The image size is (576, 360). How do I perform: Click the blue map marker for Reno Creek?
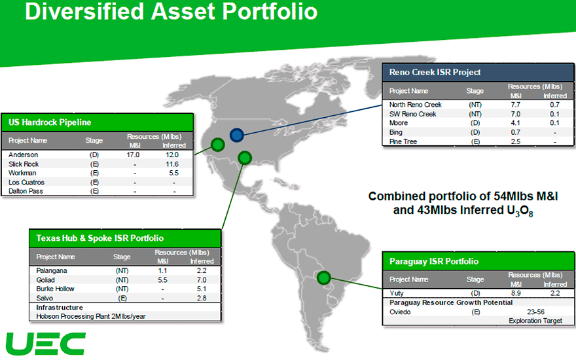tap(237, 135)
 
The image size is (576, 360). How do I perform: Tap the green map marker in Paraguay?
tap(323, 278)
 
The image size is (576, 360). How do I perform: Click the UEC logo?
tap(46, 344)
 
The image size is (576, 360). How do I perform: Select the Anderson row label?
tap(23, 155)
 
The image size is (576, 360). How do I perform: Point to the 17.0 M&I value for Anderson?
tap(133, 155)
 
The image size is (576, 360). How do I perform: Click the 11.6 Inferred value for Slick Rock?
tap(172, 164)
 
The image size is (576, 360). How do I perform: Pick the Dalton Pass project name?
tap(26, 191)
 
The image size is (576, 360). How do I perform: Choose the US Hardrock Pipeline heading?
tap(50, 122)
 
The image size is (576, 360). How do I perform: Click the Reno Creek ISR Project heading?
tap(435, 73)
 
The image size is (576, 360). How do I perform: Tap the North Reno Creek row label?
tap(416, 105)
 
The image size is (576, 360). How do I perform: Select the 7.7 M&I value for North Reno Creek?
tap(515, 105)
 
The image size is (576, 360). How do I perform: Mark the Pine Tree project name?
tap(403, 142)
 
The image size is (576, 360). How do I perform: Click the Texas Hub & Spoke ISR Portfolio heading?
tap(100, 238)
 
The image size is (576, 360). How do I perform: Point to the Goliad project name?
tap(45, 280)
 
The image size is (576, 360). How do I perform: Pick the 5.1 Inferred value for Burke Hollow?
tap(202, 289)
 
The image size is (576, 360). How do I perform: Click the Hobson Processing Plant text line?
tap(91, 316)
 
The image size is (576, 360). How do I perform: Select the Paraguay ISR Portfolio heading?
tap(434, 262)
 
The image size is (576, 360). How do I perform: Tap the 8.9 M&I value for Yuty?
tap(516, 293)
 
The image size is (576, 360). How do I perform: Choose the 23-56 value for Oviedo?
tap(535, 312)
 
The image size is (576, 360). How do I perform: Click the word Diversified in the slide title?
tap(84, 11)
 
